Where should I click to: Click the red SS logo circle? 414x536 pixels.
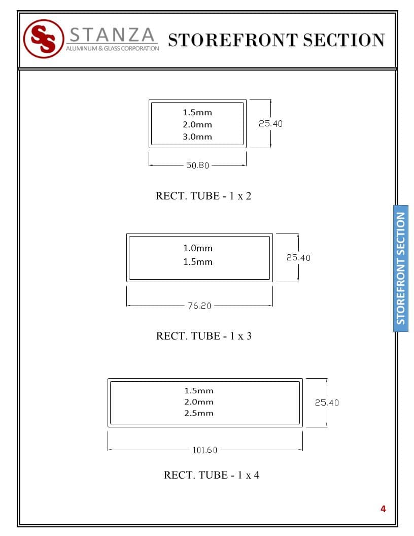click(43, 39)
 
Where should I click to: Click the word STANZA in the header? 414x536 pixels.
click(112, 35)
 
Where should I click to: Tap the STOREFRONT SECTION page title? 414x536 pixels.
click(276, 40)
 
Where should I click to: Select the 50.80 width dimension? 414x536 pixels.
click(197, 165)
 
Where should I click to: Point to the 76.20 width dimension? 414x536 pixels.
click(199, 306)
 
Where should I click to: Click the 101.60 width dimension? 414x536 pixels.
click(205, 450)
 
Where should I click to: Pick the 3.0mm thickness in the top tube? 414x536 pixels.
click(197, 137)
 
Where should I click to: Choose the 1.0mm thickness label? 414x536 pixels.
click(198, 248)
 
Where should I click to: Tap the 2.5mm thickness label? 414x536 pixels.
click(199, 413)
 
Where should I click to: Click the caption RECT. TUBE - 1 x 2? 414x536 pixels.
click(203, 196)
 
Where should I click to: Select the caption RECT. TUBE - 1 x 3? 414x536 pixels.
click(204, 336)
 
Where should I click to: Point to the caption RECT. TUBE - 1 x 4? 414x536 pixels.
click(212, 475)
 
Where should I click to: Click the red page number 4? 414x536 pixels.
click(383, 509)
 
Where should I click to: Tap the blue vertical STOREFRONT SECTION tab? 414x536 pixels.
click(401, 268)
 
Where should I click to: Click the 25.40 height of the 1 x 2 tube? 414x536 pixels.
click(270, 123)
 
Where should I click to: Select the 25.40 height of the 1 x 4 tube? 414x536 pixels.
click(327, 403)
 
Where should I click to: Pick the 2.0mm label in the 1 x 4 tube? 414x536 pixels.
click(199, 402)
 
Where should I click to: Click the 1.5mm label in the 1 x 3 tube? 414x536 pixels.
click(198, 262)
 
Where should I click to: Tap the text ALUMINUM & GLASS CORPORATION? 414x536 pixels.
click(112, 49)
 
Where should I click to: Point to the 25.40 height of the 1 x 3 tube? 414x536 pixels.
click(298, 257)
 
